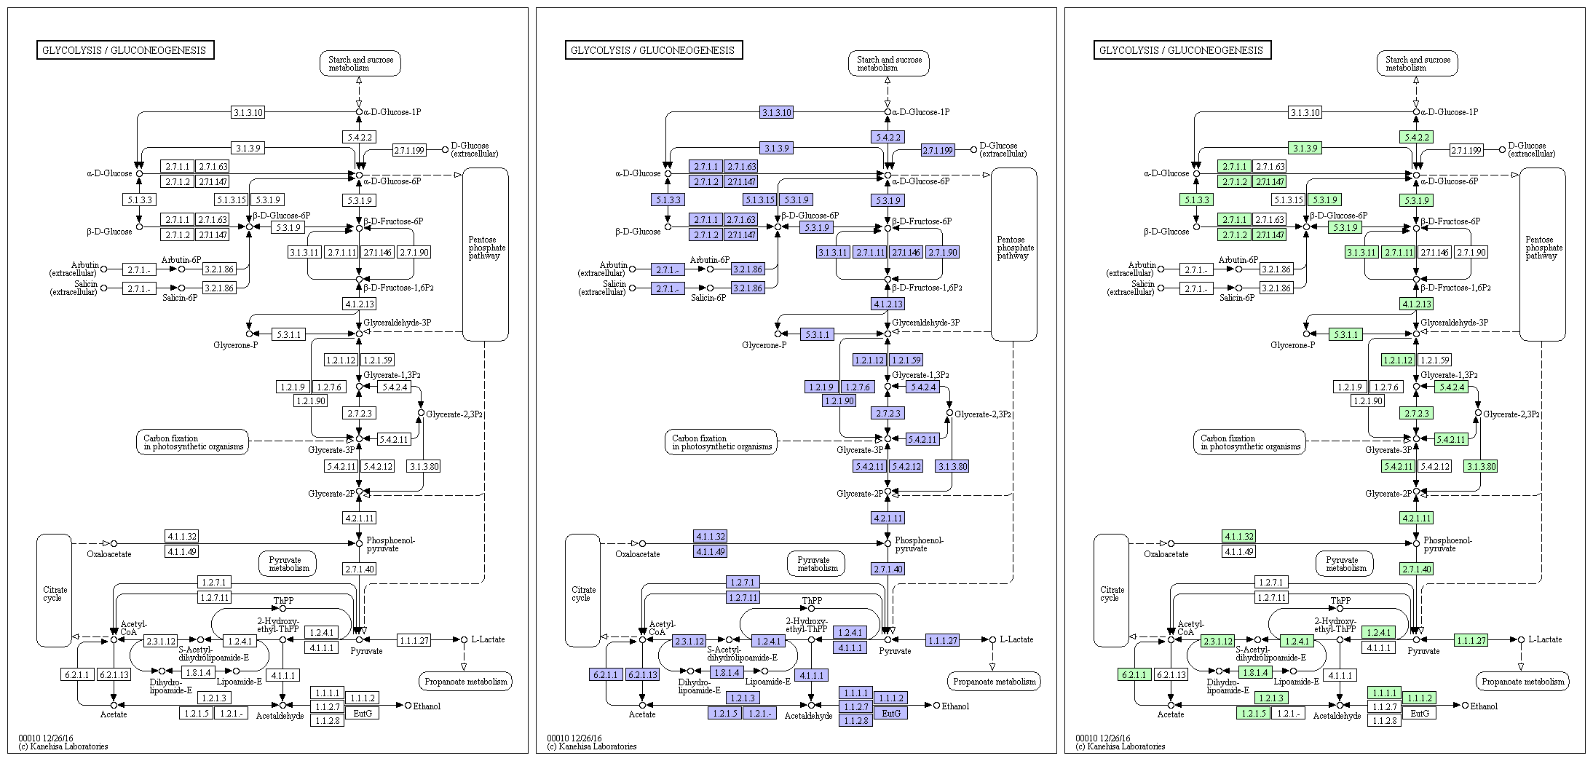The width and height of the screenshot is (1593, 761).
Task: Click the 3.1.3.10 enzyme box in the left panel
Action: point(248,112)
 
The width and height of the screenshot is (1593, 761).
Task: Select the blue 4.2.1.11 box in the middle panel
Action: point(888,518)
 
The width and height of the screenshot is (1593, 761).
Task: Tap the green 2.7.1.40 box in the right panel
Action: point(1416,569)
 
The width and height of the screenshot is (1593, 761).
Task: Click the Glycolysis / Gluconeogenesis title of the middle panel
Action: point(653,50)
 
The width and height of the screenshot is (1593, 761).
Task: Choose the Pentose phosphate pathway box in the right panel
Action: point(1542,248)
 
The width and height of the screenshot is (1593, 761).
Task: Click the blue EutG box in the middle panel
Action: point(891,714)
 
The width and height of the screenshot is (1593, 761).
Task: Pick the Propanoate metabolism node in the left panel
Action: point(466,682)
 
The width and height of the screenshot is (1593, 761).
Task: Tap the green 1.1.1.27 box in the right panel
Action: point(1471,640)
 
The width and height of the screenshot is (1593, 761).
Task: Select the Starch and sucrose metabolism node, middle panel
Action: point(889,63)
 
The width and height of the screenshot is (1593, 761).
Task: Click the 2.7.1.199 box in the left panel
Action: point(409,151)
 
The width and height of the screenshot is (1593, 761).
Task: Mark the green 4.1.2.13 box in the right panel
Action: point(1416,304)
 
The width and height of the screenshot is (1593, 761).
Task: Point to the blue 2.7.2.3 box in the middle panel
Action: point(888,413)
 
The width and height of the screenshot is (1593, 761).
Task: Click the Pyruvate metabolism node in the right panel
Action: point(1345,564)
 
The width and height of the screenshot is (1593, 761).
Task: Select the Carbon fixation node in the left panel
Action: point(193,442)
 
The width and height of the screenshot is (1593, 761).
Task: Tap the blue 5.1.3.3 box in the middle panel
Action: point(668,200)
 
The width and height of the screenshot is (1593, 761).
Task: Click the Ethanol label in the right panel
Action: point(1484,706)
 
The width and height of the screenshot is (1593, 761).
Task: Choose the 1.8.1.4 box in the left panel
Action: point(198,673)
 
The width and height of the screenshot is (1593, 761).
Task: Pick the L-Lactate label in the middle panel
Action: point(1016,639)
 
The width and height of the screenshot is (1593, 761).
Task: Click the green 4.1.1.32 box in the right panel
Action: point(1239,536)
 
